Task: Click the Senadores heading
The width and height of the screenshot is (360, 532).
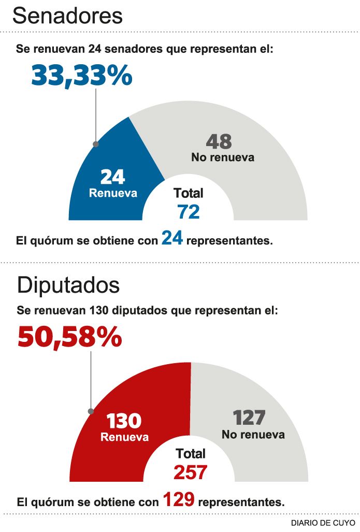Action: pos(67,16)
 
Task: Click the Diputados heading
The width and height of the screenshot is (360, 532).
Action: pos(68,285)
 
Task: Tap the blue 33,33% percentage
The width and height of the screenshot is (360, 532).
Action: pos(82,75)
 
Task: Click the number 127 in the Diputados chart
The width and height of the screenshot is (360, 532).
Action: pos(249,418)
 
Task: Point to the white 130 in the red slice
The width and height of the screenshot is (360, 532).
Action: pos(124,421)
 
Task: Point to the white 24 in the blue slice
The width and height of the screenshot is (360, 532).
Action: pos(112,177)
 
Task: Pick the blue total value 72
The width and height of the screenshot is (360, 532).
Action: pos(188,211)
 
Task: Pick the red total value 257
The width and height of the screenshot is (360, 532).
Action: pos(190,472)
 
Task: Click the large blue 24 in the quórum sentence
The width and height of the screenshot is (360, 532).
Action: pos(172,238)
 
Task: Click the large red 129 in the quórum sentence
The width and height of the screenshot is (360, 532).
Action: pos(179,499)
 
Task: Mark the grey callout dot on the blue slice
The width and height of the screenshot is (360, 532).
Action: pos(95,144)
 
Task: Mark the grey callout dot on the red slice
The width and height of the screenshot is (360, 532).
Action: pos(91,411)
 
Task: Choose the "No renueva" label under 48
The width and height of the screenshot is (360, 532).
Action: pos(223,157)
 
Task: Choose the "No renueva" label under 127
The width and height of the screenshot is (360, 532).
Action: pos(253,434)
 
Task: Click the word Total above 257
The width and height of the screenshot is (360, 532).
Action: pos(191,454)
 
